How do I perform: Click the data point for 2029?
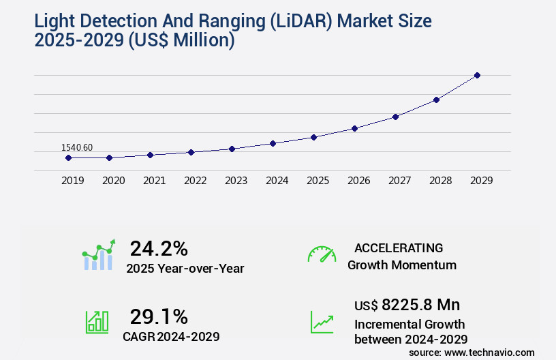pyautogui.click(x=477, y=75)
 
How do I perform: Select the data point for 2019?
pyautogui.click(x=68, y=157)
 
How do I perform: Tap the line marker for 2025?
pyautogui.click(x=313, y=137)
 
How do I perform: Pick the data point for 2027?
pyautogui.click(x=395, y=117)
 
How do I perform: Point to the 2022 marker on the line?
pyautogui.click(x=191, y=152)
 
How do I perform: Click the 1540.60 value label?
pyautogui.click(x=77, y=147)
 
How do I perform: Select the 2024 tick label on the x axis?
pyautogui.click(x=277, y=181)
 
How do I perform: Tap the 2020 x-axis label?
pyautogui.click(x=113, y=181)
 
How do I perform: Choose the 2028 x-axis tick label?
pyautogui.click(x=440, y=181)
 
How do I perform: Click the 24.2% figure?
pyautogui.click(x=159, y=248)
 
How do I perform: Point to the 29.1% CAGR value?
pyautogui.click(x=159, y=316)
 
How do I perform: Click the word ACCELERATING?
pyautogui.click(x=399, y=247)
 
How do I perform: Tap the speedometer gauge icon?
pyautogui.click(x=322, y=254)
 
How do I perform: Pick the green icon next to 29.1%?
pyautogui.click(x=97, y=322)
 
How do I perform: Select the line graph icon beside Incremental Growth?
pyautogui.click(x=322, y=322)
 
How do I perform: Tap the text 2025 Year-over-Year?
pyautogui.click(x=185, y=269)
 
